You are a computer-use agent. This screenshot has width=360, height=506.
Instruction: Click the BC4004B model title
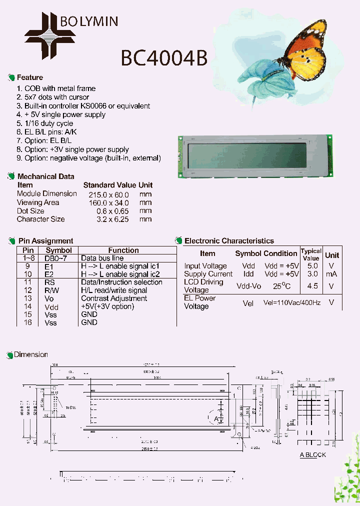coord(163,58)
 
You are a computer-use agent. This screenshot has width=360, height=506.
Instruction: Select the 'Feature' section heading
coord(29,77)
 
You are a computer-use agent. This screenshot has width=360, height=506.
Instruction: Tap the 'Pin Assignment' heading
coord(45,241)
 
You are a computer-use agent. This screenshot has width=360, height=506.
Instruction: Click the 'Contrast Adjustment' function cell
coord(114,298)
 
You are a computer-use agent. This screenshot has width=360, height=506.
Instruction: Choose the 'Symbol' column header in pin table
coord(58,250)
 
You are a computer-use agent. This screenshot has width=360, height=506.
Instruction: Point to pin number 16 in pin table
coord(28,322)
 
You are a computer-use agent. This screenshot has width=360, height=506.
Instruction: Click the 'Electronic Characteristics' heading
coord(229,241)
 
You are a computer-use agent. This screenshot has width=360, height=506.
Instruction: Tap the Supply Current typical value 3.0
coord(312,274)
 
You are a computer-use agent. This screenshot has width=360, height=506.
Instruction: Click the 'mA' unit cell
coord(331,274)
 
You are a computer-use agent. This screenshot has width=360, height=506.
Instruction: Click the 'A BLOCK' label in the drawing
coord(312,454)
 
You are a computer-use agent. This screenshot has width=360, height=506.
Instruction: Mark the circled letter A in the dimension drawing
coord(216,418)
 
